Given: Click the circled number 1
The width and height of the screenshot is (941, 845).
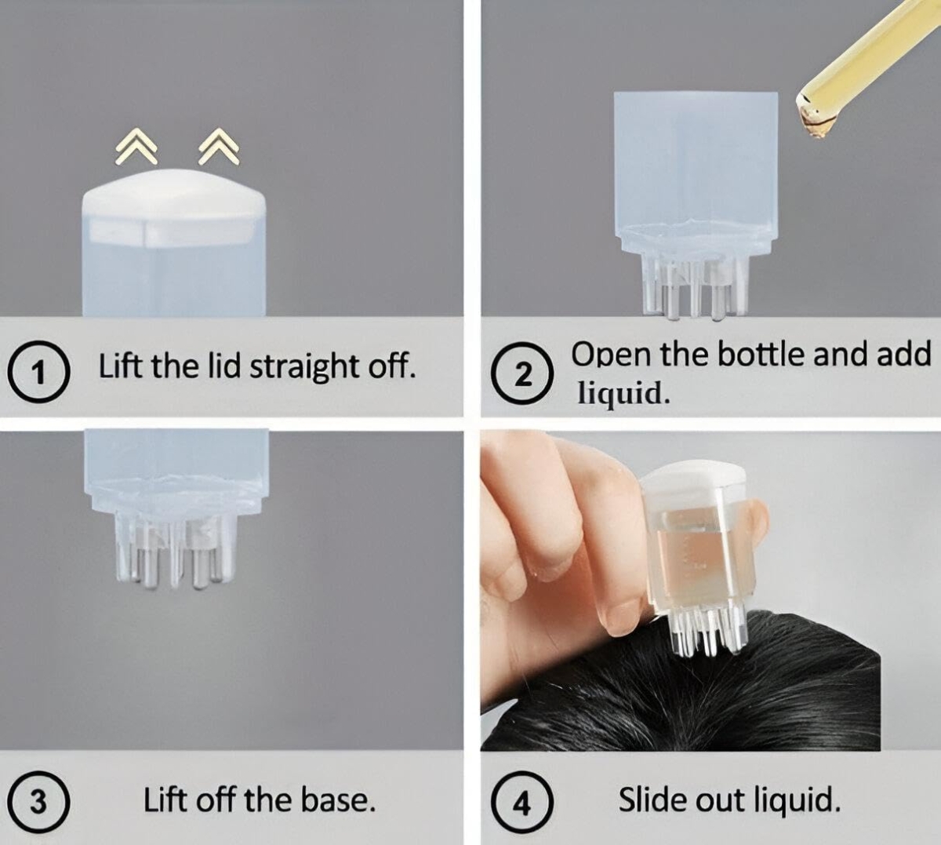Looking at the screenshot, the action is (39, 370).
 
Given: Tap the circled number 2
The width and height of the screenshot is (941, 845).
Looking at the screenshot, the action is (523, 373).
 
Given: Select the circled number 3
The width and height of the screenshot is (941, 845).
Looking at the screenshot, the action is (39, 801).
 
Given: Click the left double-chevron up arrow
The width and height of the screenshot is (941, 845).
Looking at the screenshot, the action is (136, 147).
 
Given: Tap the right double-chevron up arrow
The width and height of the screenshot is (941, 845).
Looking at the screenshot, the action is (219, 147).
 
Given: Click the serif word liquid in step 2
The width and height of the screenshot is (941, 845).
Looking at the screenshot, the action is (623, 393).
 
